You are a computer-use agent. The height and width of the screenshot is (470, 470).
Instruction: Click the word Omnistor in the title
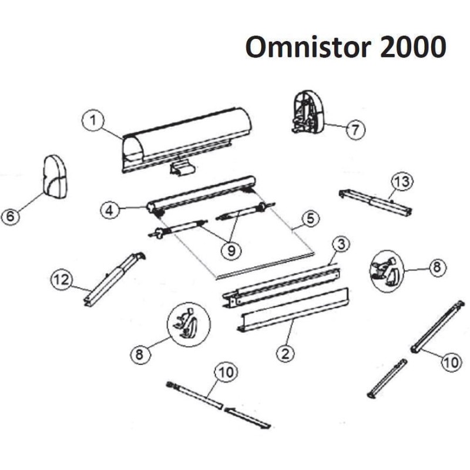[308, 47]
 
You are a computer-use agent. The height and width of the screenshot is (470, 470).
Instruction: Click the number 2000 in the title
[414, 47]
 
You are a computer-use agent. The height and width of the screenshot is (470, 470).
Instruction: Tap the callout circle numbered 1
[93, 120]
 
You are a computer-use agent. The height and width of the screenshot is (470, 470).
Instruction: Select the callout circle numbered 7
[355, 130]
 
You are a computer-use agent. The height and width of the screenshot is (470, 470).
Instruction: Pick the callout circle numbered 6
[11, 216]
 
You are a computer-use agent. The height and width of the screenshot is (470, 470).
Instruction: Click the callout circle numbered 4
[110, 210]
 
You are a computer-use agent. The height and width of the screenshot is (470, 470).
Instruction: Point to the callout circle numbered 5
[310, 218]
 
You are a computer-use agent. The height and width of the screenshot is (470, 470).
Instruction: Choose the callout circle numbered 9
[231, 250]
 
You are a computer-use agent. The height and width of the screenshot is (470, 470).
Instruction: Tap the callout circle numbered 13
[402, 182]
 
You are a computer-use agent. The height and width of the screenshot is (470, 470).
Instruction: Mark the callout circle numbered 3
[341, 244]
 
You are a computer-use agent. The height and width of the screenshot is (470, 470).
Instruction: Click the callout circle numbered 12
[62, 280]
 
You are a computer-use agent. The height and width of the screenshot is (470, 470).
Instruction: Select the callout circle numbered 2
[286, 354]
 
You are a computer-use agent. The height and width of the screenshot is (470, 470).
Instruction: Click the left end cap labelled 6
[55, 176]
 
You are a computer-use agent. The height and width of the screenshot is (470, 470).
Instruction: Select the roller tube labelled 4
[201, 195]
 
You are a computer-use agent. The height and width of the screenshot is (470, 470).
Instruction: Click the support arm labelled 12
[114, 280]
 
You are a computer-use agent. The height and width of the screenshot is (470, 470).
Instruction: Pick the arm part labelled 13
[375, 203]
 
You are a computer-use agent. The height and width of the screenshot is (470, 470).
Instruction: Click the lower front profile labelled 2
[293, 310]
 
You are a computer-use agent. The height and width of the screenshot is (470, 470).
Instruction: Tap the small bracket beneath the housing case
[182, 168]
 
